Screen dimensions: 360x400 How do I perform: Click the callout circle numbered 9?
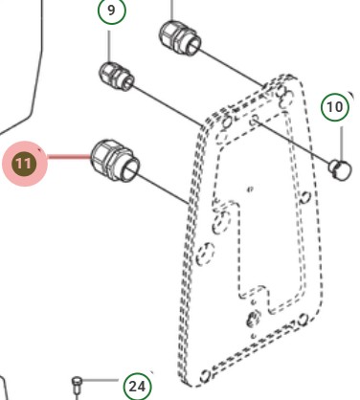[x=111, y=11]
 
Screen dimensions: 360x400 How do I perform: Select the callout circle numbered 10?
[x=335, y=107]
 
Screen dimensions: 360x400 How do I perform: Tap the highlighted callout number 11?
[x=25, y=164]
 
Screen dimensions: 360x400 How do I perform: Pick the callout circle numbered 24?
[x=138, y=387]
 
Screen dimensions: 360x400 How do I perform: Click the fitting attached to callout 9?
[x=117, y=77]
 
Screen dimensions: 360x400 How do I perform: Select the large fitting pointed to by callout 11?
[x=115, y=161]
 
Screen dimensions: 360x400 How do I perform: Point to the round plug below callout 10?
[x=340, y=170]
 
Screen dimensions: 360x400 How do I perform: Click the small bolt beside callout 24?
[x=77, y=388]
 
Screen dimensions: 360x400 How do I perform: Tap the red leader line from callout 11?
[x=69, y=156]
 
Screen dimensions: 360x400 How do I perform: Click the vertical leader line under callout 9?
[x=109, y=47]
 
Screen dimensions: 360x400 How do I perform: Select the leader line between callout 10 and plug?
[x=342, y=144]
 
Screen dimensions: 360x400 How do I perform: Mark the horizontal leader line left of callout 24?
[x=101, y=380]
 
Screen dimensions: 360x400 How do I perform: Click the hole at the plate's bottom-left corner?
[x=205, y=375]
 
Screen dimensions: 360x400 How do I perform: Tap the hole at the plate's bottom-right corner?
[x=304, y=319]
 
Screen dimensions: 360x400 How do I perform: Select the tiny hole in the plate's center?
[x=250, y=189]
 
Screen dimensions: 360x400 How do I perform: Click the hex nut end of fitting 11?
[x=102, y=157]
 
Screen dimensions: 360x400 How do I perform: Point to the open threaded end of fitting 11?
[x=131, y=169]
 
